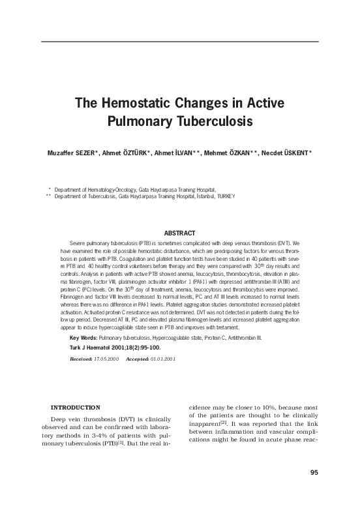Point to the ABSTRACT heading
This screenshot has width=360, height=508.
tap(179, 233)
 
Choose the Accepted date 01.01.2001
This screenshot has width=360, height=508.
tap(160, 359)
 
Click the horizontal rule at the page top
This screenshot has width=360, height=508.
tap(179, 41)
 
